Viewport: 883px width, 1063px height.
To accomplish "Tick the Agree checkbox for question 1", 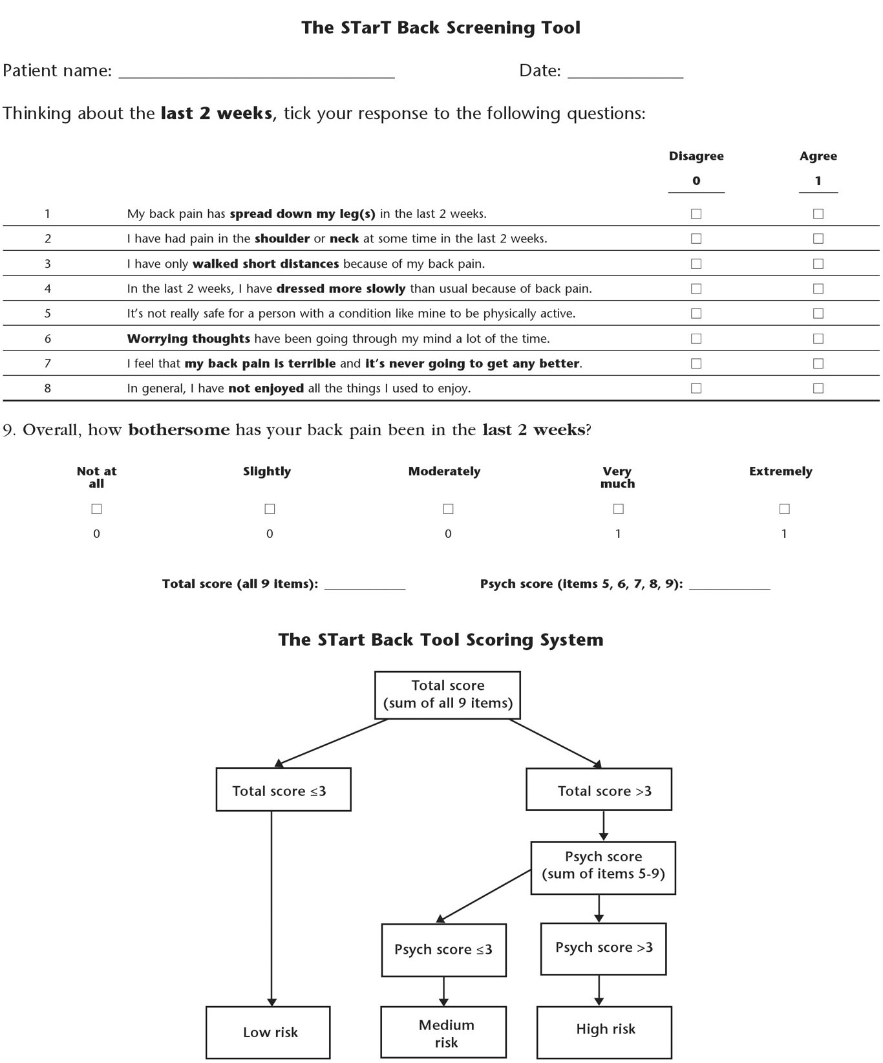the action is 818,213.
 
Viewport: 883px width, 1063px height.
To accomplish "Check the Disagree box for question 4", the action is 696,288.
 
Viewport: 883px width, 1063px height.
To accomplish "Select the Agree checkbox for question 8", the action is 818,389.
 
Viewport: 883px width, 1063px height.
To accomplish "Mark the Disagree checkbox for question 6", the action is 696,339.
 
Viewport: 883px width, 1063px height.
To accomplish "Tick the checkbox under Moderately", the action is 448,510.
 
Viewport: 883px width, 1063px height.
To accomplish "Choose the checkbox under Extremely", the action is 784,510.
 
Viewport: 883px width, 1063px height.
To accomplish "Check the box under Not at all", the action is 97,510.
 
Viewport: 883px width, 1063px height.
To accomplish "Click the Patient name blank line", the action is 257,78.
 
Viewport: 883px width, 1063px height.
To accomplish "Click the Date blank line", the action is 625,78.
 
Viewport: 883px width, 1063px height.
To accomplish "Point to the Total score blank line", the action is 365,589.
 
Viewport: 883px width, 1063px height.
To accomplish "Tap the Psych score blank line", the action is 730,589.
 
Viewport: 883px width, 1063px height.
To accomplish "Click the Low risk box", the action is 268,1032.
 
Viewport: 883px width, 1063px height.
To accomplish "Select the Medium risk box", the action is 443,1032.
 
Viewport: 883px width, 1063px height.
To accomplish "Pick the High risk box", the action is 604,1032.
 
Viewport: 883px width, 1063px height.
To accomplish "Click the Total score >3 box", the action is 599,789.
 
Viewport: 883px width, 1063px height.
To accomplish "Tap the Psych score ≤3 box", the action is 444,949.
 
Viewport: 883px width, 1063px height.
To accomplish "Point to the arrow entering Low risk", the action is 271,908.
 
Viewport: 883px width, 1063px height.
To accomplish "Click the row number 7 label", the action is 47,363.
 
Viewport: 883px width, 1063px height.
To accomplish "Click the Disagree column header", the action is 696,156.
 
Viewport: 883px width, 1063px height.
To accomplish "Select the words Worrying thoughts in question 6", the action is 188,339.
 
